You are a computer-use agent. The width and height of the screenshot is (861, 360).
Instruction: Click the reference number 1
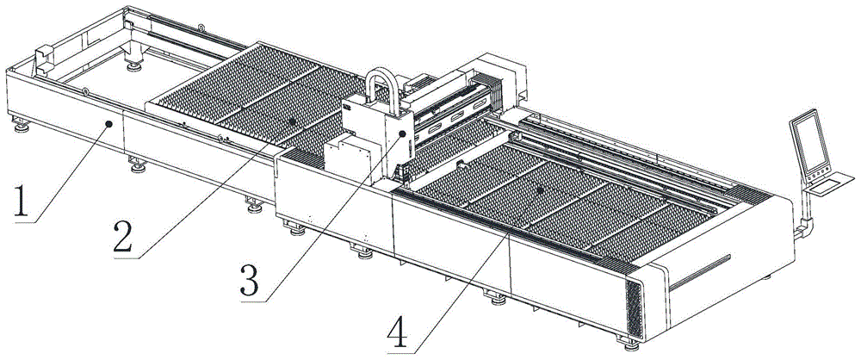click(20, 202)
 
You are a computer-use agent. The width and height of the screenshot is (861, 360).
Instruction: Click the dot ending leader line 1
click(110, 124)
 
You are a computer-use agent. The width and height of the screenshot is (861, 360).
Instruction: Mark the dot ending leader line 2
click(293, 121)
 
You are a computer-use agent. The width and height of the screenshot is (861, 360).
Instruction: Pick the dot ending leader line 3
click(402, 133)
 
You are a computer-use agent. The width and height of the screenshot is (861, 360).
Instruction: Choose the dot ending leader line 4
click(541, 190)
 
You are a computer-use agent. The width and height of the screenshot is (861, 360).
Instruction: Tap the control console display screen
click(808, 141)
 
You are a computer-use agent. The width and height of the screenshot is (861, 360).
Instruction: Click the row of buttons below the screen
click(818, 175)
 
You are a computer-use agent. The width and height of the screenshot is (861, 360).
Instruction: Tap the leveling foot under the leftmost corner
click(22, 127)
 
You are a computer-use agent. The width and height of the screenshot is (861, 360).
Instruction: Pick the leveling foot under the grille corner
click(629, 344)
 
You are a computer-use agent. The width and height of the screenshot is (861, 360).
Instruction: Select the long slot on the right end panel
click(699, 273)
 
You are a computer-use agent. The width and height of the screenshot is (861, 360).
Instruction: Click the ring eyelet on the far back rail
click(201, 26)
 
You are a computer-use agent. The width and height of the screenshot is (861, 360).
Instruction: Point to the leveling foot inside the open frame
click(133, 67)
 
